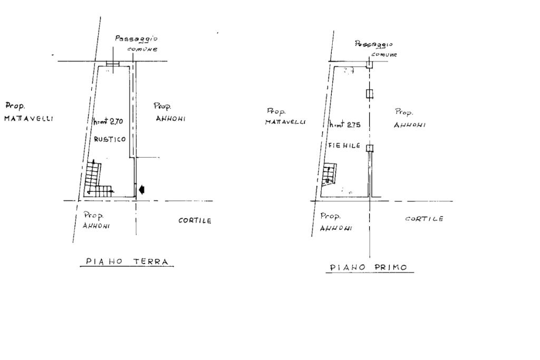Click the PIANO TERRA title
click(x=127, y=261)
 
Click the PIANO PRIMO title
click(x=369, y=267)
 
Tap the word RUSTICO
click(x=110, y=140)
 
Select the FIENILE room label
click(x=346, y=145)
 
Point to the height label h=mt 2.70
click(x=108, y=121)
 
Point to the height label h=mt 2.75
click(x=345, y=125)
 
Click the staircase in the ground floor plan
click(x=97, y=179)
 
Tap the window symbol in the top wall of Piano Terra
click(x=113, y=64)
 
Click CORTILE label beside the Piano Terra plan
click(x=195, y=221)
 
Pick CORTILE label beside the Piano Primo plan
click(x=424, y=219)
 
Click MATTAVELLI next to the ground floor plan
click(x=28, y=119)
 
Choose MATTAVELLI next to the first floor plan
click(x=285, y=122)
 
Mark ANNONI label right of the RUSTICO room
click(x=170, y=119)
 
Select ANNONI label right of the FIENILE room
click(x=409, y=125)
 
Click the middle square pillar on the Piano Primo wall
click(x=370, y=94)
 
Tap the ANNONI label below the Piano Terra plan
click(x=96, y=226)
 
